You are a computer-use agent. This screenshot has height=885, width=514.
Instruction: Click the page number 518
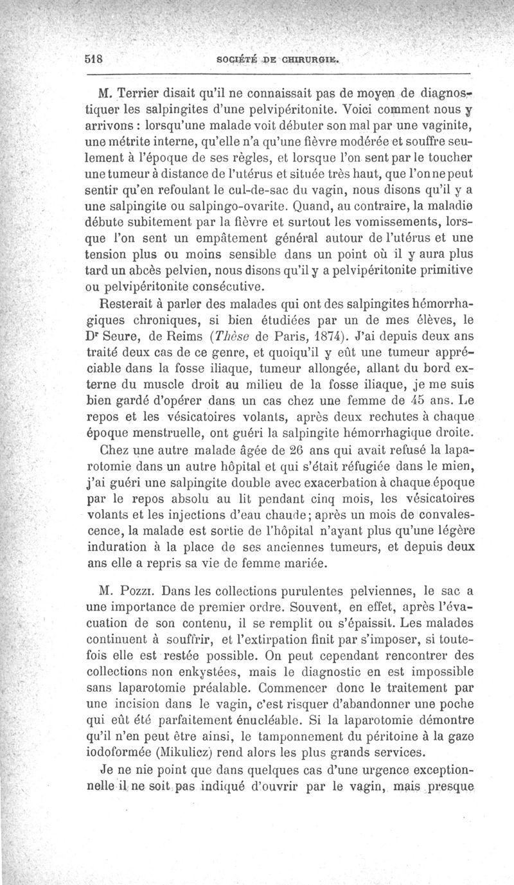pos(94,58)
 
